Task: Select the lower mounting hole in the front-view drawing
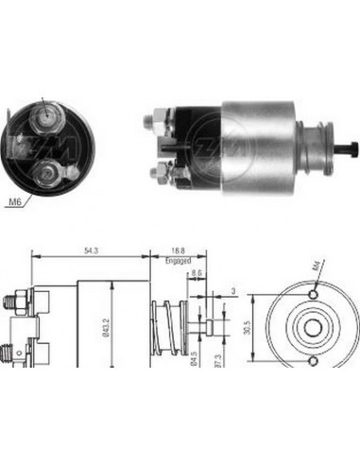310,356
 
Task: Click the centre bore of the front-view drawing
310,327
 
